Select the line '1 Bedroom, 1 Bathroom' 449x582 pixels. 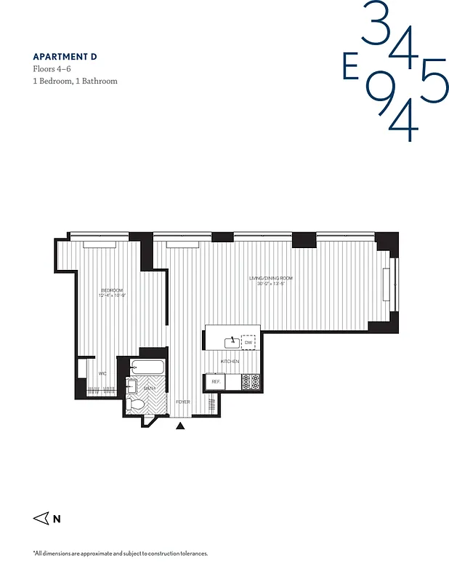click(75, 81)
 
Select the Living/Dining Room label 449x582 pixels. click(270, 280)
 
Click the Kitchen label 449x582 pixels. click(230, 362)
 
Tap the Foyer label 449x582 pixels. click(182, 402)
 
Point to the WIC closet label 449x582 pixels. click(102, 374)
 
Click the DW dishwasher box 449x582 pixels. click(248, 342)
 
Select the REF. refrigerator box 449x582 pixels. click(215, 381)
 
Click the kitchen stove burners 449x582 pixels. click(251, 381)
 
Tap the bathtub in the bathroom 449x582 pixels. click(149, 367)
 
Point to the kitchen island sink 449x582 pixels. click(232, 340)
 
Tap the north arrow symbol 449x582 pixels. click(41, 519)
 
